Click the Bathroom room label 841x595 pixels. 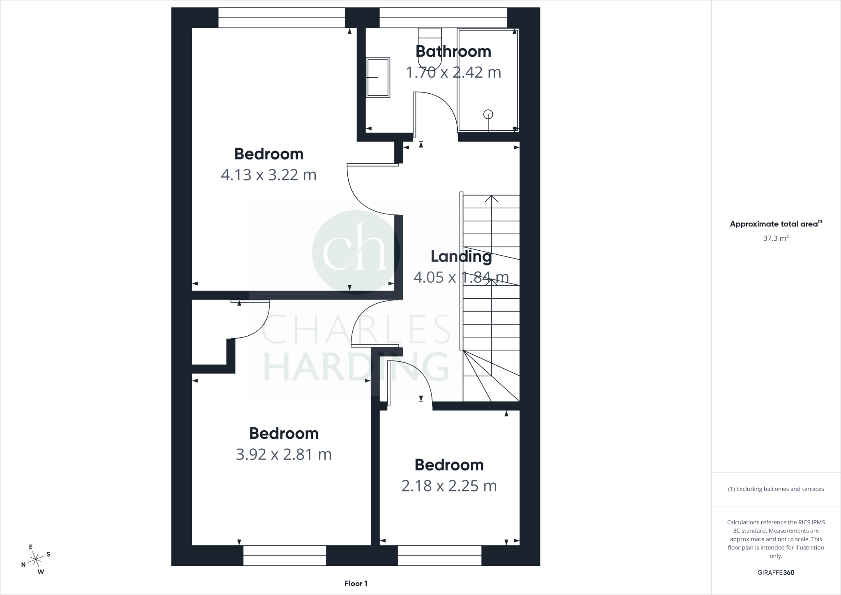453,51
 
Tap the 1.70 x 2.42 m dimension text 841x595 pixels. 453,72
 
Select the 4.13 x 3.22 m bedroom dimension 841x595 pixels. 269,175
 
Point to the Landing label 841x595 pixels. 461,256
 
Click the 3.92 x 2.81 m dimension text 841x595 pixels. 284,454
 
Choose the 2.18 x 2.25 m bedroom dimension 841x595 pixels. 449,486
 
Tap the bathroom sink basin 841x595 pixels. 378,77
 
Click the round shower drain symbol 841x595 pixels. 488,114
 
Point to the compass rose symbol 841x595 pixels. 36,558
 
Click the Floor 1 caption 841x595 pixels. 356,583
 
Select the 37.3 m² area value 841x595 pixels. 776,238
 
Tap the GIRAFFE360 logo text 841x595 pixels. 776,572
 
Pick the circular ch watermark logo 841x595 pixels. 356,252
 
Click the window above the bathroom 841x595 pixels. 443,18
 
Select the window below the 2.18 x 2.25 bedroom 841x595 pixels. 439,556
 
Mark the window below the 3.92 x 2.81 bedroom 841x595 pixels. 285,556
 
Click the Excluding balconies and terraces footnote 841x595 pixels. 776,489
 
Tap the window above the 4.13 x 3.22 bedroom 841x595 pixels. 281,18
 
